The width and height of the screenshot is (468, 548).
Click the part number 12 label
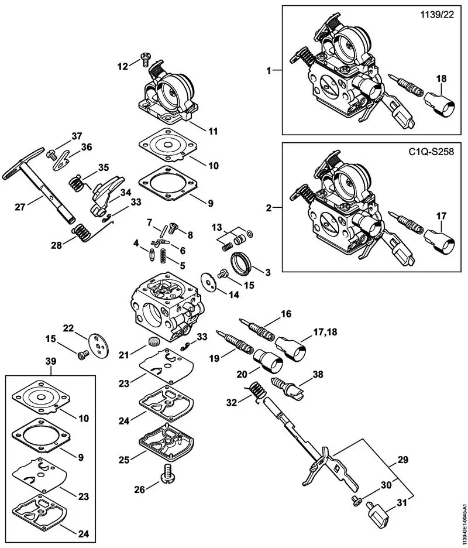122,67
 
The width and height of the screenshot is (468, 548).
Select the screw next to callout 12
144,58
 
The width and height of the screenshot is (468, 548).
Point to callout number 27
19,207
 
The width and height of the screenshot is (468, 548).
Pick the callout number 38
317,374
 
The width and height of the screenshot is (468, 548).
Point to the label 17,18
327,333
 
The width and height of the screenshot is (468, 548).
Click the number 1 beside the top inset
269,70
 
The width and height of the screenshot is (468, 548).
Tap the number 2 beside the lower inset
269,207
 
